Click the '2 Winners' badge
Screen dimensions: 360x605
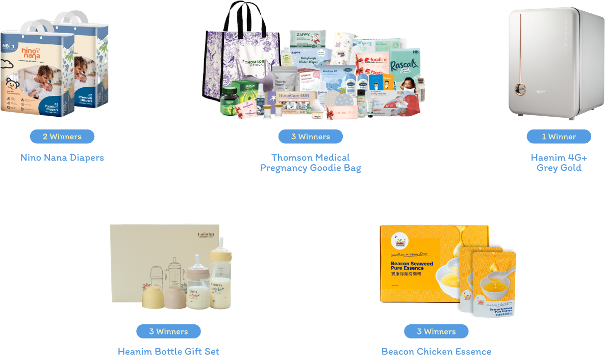coord(62,137)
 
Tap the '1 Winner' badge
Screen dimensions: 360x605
coord(559,137)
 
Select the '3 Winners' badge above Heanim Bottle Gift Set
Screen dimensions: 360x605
coord(168,331)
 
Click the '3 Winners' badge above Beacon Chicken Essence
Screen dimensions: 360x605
coord(436,331)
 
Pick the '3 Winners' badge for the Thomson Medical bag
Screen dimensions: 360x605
coord(310,137)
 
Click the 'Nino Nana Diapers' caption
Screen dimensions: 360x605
coord(62,158)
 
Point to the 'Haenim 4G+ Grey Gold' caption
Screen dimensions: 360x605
coord(559,163)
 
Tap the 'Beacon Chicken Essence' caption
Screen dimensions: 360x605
coord(436,352)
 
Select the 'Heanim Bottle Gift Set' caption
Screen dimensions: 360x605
coord(168,352)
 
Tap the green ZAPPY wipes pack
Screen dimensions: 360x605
coord(308,39)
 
